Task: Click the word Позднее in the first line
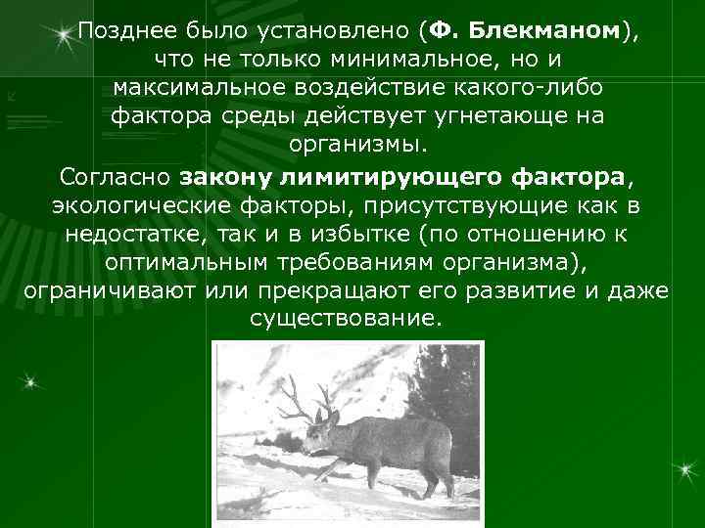(118, 31)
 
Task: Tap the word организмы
(358, 146)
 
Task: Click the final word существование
(346, 320)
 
